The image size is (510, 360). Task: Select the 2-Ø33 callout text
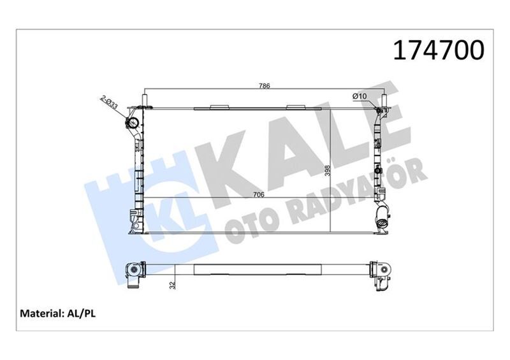(109, 103)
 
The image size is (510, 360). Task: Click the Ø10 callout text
(360, 96)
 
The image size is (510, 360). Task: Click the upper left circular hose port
(134, 124)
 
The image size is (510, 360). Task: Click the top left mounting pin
(145, 101)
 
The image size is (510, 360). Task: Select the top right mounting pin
(384, 101)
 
